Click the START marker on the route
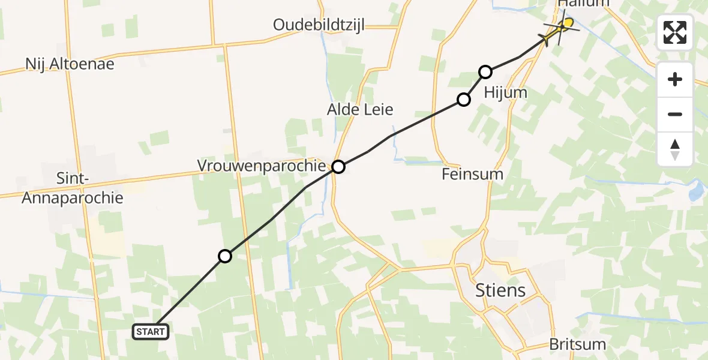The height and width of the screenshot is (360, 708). pos(150,331)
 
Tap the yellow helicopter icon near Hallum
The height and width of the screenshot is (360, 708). pos(560,28)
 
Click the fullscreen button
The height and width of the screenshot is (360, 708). pos(675,32)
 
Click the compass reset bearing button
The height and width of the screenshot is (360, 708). pos(675,149)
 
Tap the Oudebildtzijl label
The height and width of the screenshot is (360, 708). pos(319,25)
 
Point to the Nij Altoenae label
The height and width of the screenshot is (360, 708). pos(70,64)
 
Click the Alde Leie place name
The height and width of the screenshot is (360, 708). pos(360,109)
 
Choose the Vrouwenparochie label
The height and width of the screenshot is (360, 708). pos(261,165)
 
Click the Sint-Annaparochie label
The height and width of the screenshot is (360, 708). pos(72,188)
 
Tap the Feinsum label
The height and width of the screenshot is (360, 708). pos(472,175)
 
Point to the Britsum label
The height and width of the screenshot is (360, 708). pos(577,344)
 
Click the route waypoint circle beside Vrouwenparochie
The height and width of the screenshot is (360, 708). pos(338,167)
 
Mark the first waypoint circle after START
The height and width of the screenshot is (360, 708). pos(224,256)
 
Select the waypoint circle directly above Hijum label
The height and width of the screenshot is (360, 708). pos(485,72)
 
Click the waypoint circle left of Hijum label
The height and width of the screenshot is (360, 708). pos(464,100)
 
